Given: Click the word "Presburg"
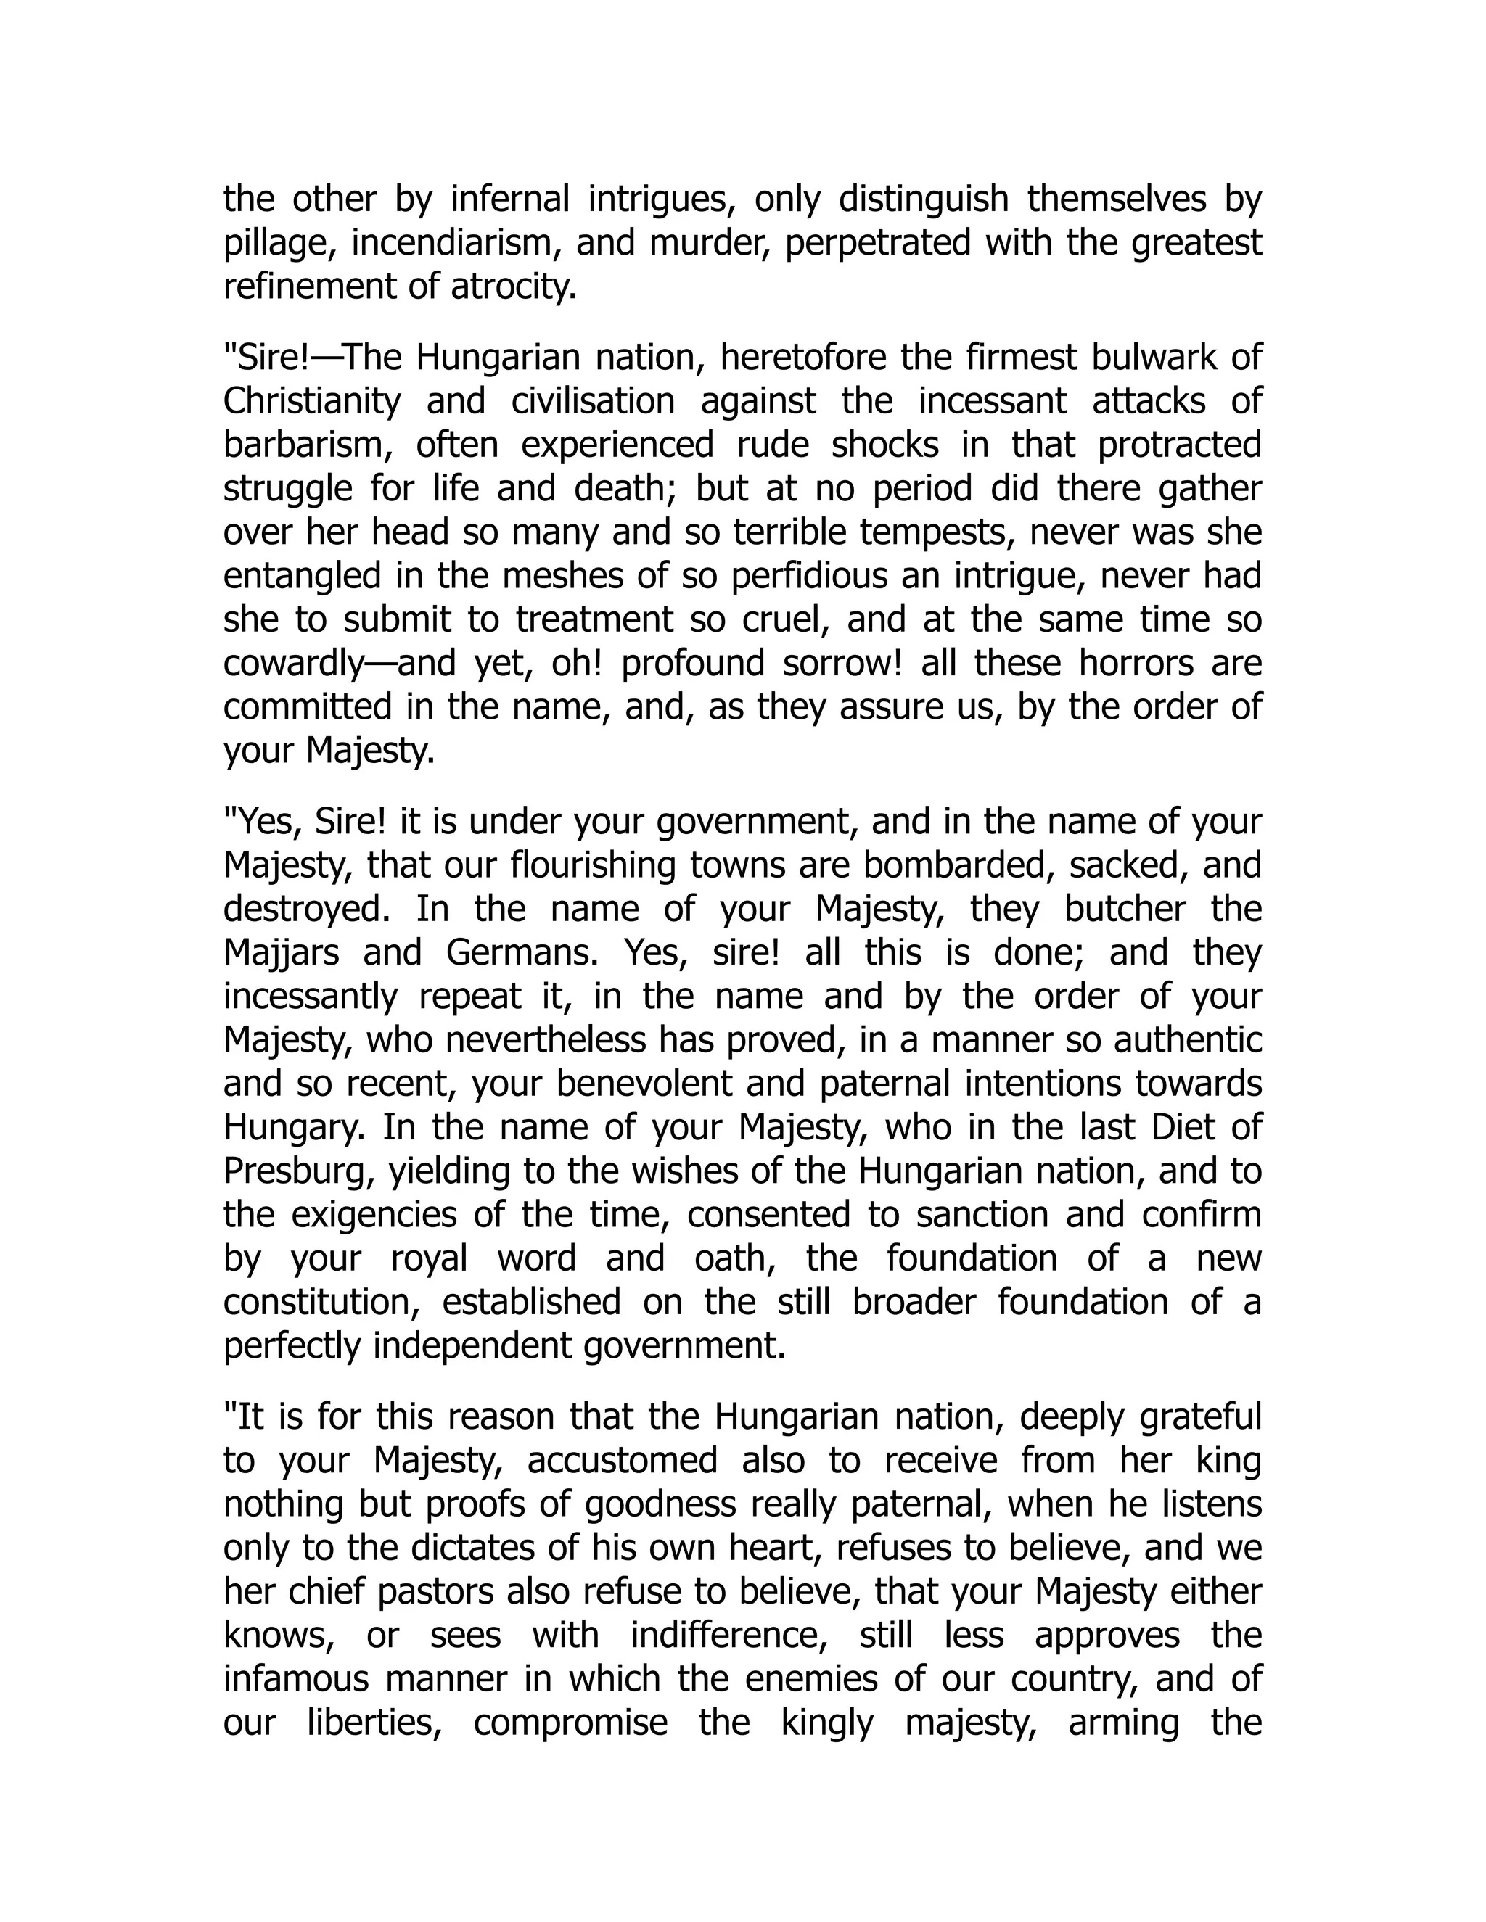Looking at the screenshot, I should tap(294, 1171).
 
